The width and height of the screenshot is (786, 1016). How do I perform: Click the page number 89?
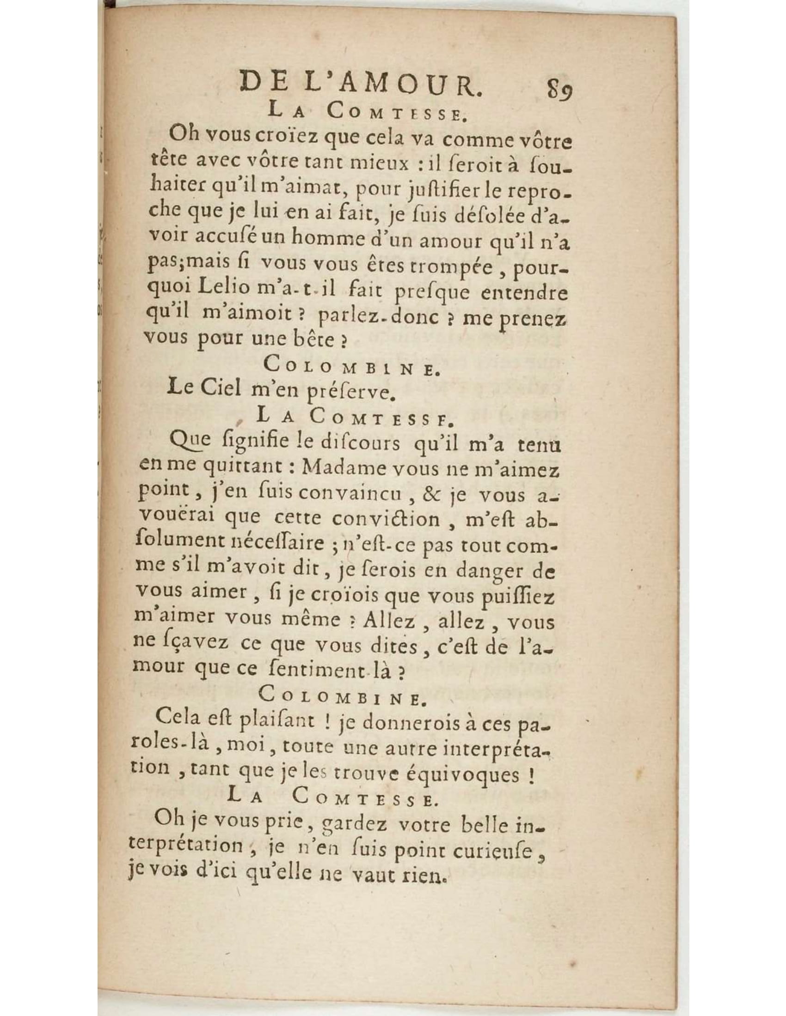click(x=560, y=87)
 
